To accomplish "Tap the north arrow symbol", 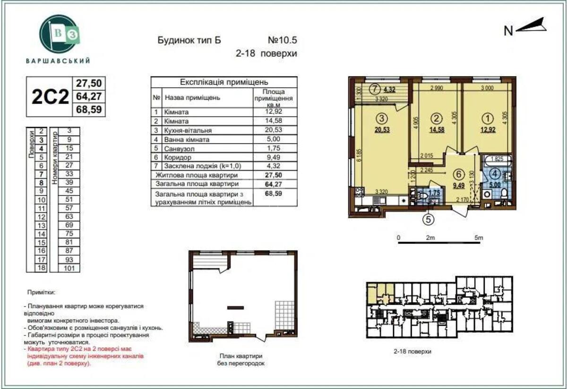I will [x=531, y=26].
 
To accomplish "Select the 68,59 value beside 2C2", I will [x=89, y=110].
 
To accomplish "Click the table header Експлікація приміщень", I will [x=224, y=82].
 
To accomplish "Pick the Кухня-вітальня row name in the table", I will [x=188, y=130].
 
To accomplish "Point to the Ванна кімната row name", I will [x=187, y=139].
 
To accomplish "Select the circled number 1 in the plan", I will [x=485, y=118].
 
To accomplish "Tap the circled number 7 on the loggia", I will [x=375, y=88].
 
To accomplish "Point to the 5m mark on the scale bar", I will [x=479, y=238].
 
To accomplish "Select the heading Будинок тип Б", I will [x=189, y=40].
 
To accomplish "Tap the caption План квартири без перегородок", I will [x=241, y=360].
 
